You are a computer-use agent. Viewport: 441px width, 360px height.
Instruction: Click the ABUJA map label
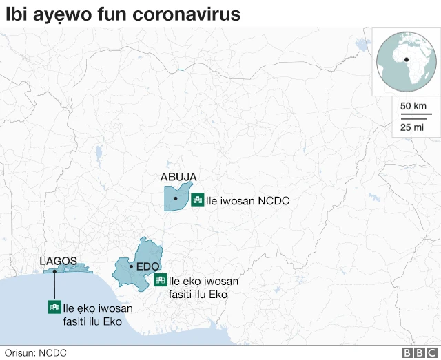178,177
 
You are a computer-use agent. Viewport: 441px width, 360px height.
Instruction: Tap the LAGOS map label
59,261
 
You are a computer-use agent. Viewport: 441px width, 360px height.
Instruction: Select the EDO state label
148,266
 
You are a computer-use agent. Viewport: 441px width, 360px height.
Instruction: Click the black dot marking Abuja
176,199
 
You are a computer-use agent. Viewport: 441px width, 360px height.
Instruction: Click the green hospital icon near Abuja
197,200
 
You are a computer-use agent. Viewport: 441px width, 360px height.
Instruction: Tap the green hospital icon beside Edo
161,280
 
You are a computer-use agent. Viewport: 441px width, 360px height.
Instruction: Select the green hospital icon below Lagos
54,308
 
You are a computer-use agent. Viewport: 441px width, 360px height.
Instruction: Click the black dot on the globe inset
407,60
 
